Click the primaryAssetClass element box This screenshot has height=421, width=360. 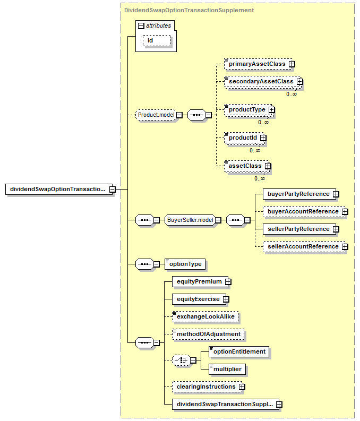coord(258,64)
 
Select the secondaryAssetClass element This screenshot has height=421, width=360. coord(262,82)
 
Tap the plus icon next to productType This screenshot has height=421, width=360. coord(272,110)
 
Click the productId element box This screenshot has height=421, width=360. coord(244,138)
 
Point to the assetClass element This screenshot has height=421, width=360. coord(246,166)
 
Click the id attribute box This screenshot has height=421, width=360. coord(157,41)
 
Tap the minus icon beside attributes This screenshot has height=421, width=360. coord(141,26)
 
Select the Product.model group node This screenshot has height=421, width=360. coord(156,115)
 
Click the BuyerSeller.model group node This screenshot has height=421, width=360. coord(190,220)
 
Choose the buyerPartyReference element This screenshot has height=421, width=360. coord(299,194)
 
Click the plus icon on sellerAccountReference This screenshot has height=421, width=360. coord(345,247)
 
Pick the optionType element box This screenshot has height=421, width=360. coord(185,264)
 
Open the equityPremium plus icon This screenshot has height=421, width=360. coord(228,282)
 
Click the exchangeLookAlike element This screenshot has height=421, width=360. coord(205,317)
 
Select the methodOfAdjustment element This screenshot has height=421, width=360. coord(208,334)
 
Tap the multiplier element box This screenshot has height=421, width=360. coord(227,369)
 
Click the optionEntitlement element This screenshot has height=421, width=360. coord(239,352)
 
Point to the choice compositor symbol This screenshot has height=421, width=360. coord(181,360)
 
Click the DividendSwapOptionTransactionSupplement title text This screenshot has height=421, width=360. coord(189,10)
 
